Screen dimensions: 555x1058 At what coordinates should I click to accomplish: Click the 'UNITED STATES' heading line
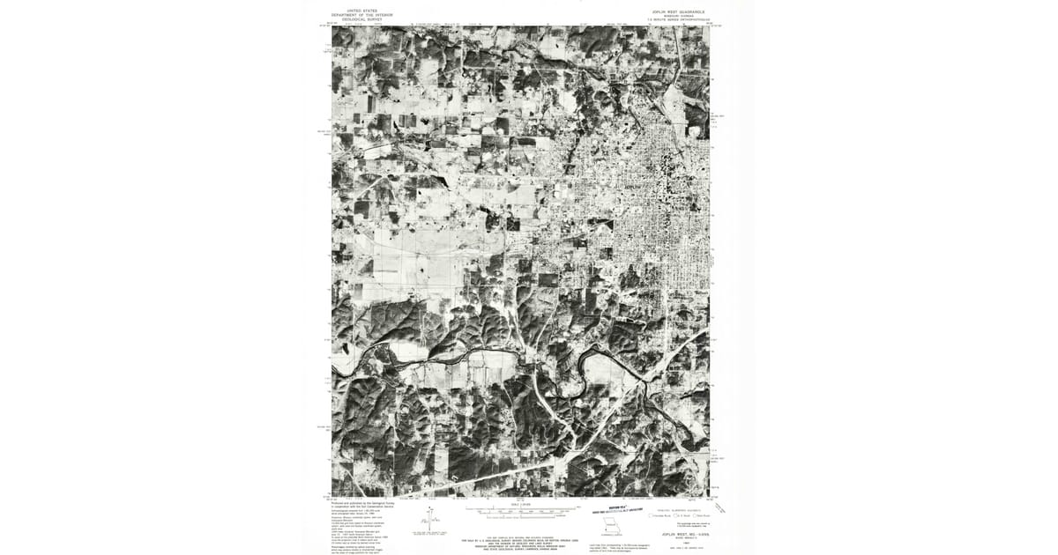(362, 11)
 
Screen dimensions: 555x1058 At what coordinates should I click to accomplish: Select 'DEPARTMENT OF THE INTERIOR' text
(362, 15)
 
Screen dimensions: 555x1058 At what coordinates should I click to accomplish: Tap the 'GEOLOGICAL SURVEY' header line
(362, 19)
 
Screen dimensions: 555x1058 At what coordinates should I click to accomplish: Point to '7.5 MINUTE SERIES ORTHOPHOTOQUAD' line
(678, 20)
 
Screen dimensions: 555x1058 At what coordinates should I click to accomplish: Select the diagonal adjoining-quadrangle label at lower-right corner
(720, 507)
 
